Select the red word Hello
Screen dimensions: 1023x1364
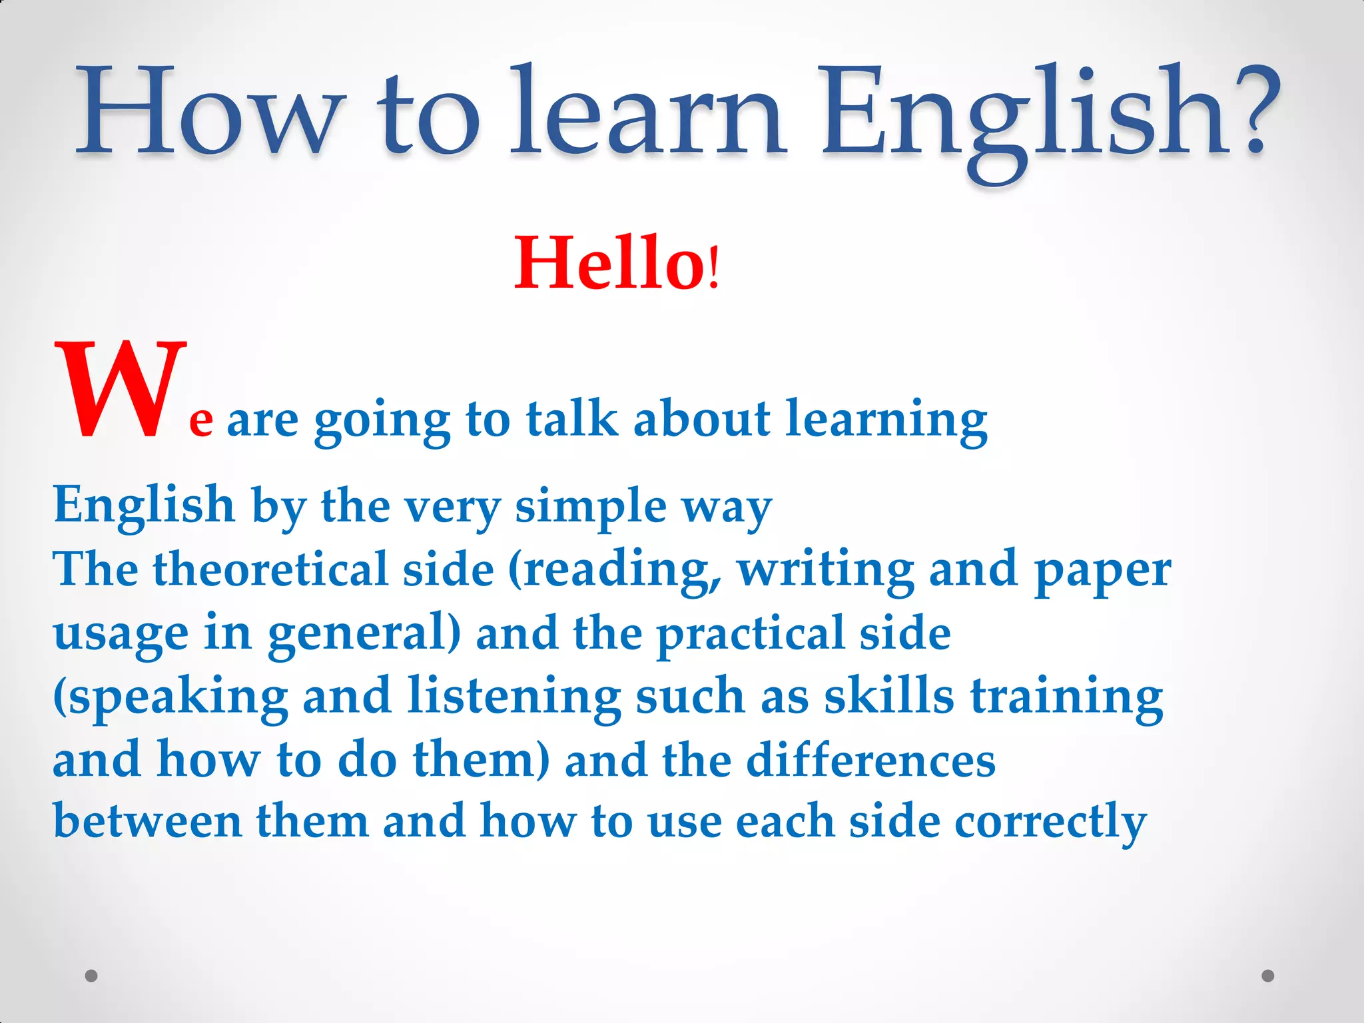[x=609, y=264]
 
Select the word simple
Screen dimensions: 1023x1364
[x=591, y=506]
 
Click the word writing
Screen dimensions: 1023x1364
[x=826, y=569]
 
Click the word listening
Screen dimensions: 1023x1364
[x=514, y=697]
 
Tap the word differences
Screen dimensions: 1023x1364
[x=870, y=760]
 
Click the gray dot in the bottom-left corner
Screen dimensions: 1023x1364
[x=92, y=976]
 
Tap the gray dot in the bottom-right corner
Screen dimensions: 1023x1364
[x=1268, y=976]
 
